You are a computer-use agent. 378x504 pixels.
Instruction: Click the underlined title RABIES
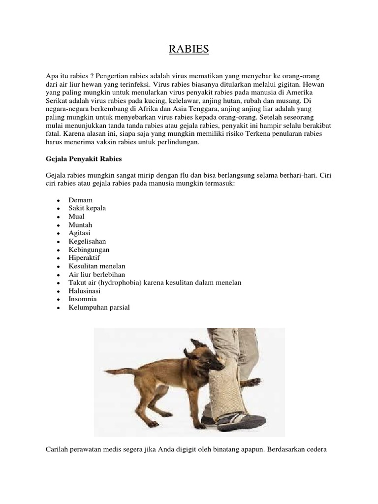coord(189,50)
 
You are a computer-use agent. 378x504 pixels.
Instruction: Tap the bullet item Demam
coord(81,200)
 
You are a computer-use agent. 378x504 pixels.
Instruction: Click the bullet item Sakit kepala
coord(88,208)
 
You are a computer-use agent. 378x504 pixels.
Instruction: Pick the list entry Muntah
coord(81,224)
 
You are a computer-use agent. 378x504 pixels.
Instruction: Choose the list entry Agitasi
coord(80,233)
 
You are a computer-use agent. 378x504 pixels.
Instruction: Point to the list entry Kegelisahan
coord(88,241)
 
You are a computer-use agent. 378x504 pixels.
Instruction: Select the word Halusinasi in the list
coord(85,291)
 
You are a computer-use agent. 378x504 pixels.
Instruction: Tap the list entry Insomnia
coord(83,299)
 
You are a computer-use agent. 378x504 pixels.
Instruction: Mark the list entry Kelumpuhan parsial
coord(99,307)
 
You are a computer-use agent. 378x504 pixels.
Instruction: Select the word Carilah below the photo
coord(58,449)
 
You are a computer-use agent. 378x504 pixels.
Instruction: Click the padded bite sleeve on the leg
coord(229,389)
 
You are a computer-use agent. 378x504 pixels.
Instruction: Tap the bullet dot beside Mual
coord(58,217)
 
